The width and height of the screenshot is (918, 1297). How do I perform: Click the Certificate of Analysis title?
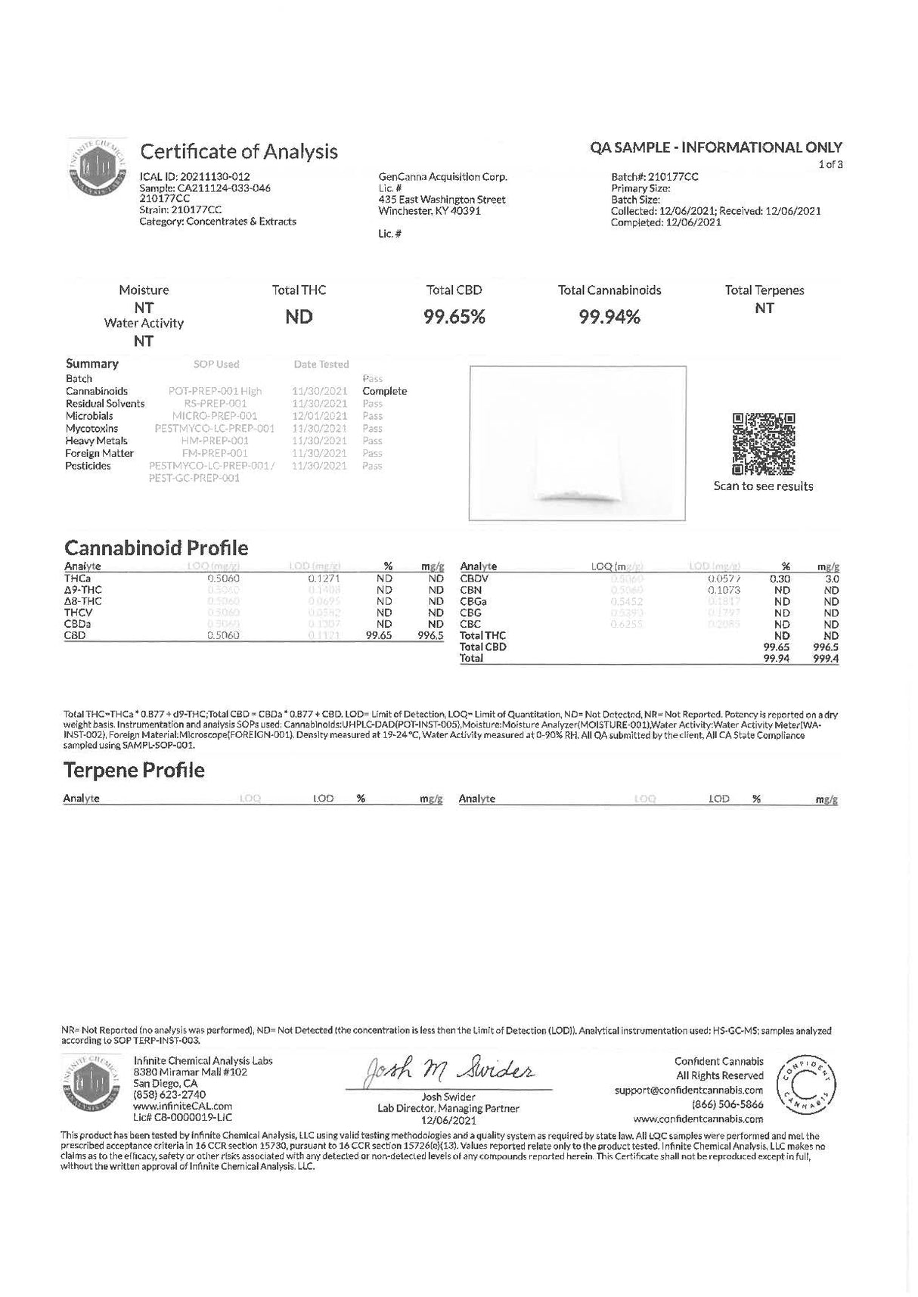click(239, 152)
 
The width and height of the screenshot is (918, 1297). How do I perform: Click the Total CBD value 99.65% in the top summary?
click(454, 318)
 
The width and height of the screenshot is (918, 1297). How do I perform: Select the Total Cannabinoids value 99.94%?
click(609, 318)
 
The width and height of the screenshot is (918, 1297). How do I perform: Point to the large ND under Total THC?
click(299, 318)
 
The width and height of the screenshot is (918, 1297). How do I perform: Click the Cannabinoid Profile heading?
click(156, 548)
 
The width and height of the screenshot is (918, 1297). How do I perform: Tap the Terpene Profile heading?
click(134, 771)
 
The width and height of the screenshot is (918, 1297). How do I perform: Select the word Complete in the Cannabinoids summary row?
click(384, 392)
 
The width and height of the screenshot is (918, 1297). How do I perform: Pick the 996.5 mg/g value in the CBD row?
click(431, 636)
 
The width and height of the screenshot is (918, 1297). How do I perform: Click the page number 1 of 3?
click(830, 164)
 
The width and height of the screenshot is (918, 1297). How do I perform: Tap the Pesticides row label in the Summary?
click(88, 466)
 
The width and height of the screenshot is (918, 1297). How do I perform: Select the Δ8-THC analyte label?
click(83, 601)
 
